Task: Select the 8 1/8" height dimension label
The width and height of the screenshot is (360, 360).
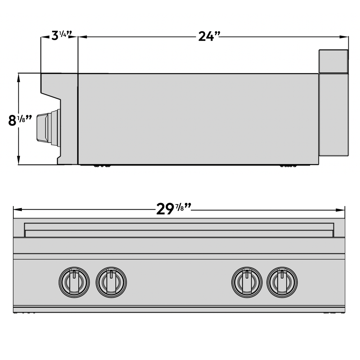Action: [20, 120]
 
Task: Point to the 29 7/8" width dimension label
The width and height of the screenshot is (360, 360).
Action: [174, 209]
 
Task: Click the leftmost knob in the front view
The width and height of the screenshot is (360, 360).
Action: [74, 282]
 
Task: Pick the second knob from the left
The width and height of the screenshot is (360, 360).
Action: [111, 282]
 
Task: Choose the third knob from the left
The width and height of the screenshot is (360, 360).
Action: [247, 282]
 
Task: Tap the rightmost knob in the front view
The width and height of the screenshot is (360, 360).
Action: [282, 282]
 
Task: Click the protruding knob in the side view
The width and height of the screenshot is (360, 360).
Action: [49, 128]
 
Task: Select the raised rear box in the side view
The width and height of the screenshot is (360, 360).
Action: [334, 61]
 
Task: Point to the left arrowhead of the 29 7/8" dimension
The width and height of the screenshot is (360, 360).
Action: [18, 210]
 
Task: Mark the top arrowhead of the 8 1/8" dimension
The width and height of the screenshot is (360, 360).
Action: [19, 78]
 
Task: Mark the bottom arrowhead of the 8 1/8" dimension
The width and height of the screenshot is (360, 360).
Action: [19, 160]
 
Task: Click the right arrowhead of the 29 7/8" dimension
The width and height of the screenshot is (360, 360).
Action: [340, 210]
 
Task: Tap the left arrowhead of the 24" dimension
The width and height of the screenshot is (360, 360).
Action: [83, 37]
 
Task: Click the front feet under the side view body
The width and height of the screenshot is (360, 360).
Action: [102, 166]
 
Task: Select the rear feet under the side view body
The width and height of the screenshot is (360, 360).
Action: [288, 166]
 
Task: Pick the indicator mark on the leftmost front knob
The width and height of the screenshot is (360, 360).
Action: [74, 274]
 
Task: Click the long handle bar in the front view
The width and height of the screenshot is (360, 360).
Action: [179, 230]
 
